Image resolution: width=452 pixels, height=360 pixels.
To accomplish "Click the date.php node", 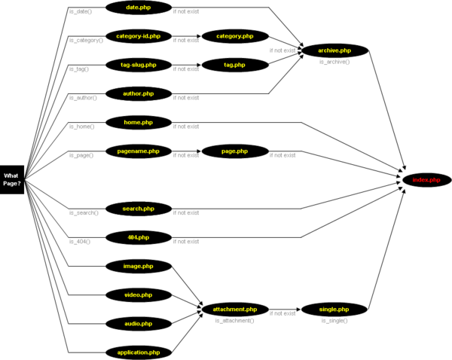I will click(139, 8).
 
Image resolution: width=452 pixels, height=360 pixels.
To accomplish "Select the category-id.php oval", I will click(139, 35).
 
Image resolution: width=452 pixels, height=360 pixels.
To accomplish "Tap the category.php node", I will click(235, 35).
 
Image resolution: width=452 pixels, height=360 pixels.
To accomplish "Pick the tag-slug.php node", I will click(139, 65).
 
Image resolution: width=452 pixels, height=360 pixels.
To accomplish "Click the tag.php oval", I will click(235, 65).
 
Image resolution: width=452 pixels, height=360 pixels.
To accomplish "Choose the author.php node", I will click(139, 93).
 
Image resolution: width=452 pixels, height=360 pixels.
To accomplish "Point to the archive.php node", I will click(334, 50).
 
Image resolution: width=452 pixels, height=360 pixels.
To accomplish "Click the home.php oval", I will click(139, 122).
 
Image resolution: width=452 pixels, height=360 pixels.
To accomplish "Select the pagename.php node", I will click(139, 151).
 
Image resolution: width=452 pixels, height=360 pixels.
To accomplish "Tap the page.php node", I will click(235, 151).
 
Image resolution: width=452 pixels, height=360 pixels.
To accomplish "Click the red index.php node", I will click(426, 179).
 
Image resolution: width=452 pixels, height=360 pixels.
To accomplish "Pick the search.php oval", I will click(139, 208).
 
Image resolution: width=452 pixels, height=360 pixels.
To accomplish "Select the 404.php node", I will click(139, 237).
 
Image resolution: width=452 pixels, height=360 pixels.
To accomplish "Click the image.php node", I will click(139, 266).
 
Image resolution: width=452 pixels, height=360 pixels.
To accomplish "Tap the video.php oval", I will click(139, 294).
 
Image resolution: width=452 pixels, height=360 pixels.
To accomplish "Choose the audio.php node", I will click(139, 323).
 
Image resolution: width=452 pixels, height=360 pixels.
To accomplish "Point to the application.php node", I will click(139, 352).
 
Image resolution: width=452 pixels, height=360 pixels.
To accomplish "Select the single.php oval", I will click(334, 309).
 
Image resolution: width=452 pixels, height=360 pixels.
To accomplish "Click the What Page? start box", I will click(12, 179).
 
